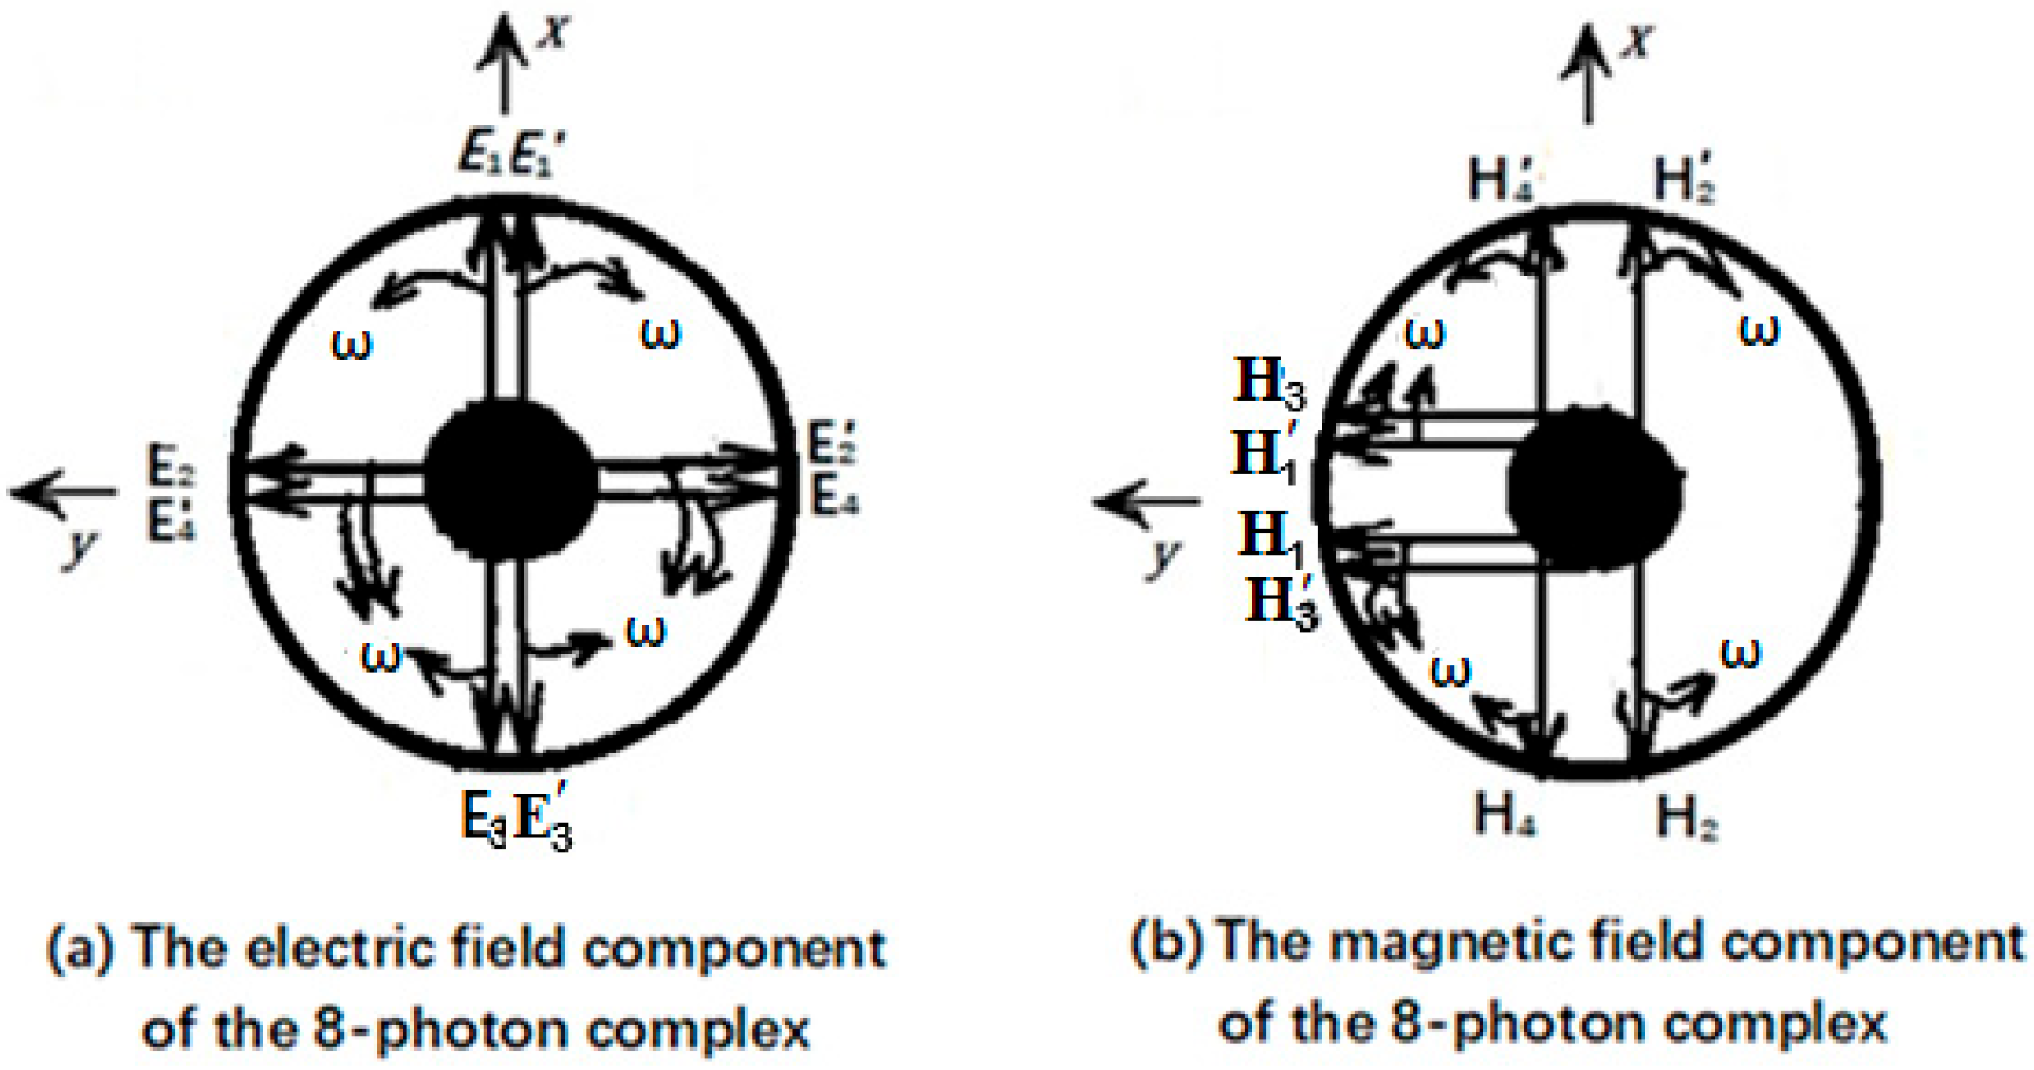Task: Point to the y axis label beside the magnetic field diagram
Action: pos(1164,556)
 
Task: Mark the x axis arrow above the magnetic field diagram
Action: pos(1586,74)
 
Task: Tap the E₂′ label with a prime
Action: pos(832,442)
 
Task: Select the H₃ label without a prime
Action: pos(1269,382)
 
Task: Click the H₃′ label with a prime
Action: pos(1281,602)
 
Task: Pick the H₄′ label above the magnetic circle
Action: pos(1500,179)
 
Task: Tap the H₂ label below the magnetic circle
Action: pos(1687,818)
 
